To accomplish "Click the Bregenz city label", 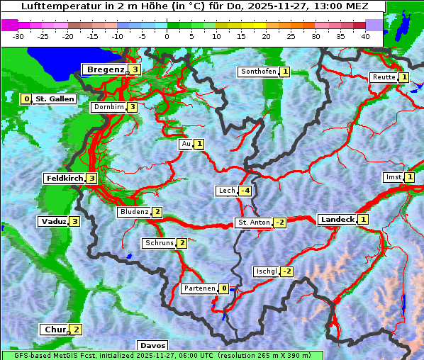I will [x=105, y=69].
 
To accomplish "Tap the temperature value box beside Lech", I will [x=245, y=191].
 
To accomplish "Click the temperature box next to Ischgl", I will [x=286, y=271].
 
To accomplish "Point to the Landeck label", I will [x=337, y=220].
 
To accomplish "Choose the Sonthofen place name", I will [x=258, y=72].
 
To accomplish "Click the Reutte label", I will [x=384, y=77].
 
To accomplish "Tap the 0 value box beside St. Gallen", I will [x=26, y=99].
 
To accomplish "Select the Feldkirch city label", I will [x=65, y=179].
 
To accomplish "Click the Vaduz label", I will [x=54, y=222].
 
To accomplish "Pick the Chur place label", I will [x=55, y=330].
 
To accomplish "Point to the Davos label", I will [x=152, y=346].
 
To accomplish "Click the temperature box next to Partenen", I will [x=223, y=288].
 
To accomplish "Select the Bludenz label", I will [x=134, y=212].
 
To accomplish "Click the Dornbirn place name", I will [x=108, y=107].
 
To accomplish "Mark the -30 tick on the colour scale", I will [x=18, y=35].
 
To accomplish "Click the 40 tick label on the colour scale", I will [x=365, y=35].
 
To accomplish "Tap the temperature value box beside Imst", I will [x=409, y=177].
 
